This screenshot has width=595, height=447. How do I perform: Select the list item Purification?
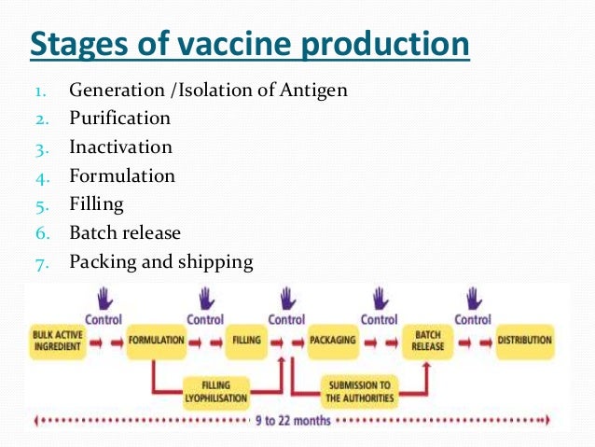pos(119,119)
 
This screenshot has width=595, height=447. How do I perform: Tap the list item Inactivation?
pos(120,147)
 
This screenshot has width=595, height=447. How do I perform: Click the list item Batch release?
pos(125,232)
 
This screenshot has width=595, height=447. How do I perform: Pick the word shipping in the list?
pos(217,262)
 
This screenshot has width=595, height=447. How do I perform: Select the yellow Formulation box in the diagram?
pos(157,341)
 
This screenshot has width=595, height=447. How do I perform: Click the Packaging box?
pos(332,341)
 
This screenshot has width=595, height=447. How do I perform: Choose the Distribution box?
pos(524,341)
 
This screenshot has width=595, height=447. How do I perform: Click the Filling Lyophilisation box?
pos(216,391)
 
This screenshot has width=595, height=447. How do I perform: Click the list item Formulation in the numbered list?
pos(121,175)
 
